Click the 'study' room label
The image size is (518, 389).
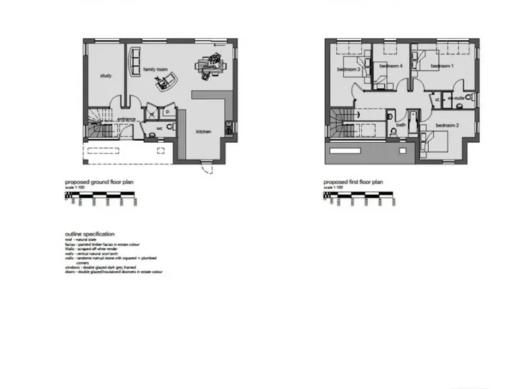click(105, 76)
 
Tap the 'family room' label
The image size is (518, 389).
click(154, 70)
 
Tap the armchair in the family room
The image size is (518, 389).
click(164, 83)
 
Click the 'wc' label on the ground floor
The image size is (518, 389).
click(160, 127)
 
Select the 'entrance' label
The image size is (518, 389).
click(127, 120)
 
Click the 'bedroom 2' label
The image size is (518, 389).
click(447, 126)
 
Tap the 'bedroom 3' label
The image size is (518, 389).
click(349, 70)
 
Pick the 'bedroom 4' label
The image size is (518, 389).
click(391, 66)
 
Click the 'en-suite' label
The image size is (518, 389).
click(459, 99)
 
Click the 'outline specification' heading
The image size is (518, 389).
click(90, 233)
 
